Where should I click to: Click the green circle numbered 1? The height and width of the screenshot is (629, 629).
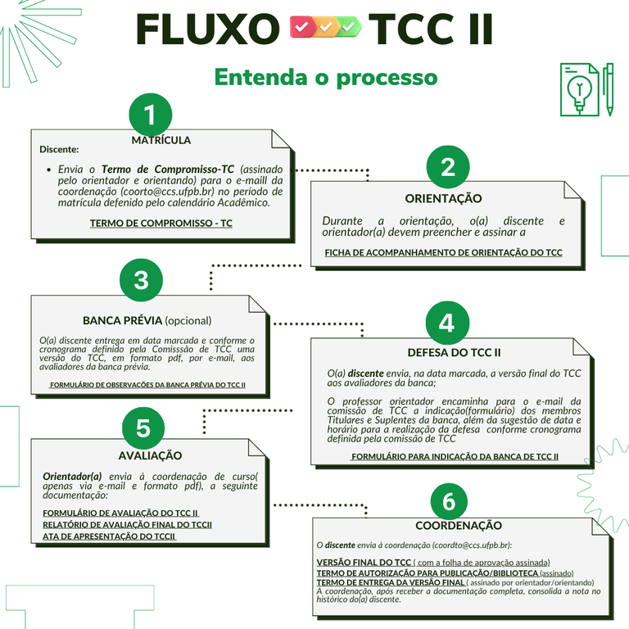[150, 115]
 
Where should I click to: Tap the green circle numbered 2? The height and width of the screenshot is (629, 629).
[448, 166]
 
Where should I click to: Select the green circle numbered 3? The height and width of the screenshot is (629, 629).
[141, 279]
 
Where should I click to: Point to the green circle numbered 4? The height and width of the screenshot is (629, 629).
[446, 323]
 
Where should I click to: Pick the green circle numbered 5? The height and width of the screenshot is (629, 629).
[143, 428]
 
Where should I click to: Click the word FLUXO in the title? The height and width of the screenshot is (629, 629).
[207, 30]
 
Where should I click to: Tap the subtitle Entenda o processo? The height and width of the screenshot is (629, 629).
[325, 77]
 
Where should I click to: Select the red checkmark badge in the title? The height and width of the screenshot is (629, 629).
[302, 28]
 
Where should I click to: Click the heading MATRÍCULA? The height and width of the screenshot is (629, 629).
[161, 140]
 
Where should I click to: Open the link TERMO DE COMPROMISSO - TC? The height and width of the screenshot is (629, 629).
[161, 223]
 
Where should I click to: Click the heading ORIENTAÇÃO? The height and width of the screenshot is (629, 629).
[443, 198]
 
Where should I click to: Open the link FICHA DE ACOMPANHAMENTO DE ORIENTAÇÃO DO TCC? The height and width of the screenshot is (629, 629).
[443, 253]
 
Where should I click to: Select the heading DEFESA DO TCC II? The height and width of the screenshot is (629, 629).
[454, 353]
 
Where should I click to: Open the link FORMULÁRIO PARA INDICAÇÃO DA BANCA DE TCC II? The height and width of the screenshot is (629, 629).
[455, 456]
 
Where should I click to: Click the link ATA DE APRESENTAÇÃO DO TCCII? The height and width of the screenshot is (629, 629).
[110, 536]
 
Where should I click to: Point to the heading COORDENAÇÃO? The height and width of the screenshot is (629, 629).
[459, 526]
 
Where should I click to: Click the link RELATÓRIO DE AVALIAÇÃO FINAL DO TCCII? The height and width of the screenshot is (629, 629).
[128, 524]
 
